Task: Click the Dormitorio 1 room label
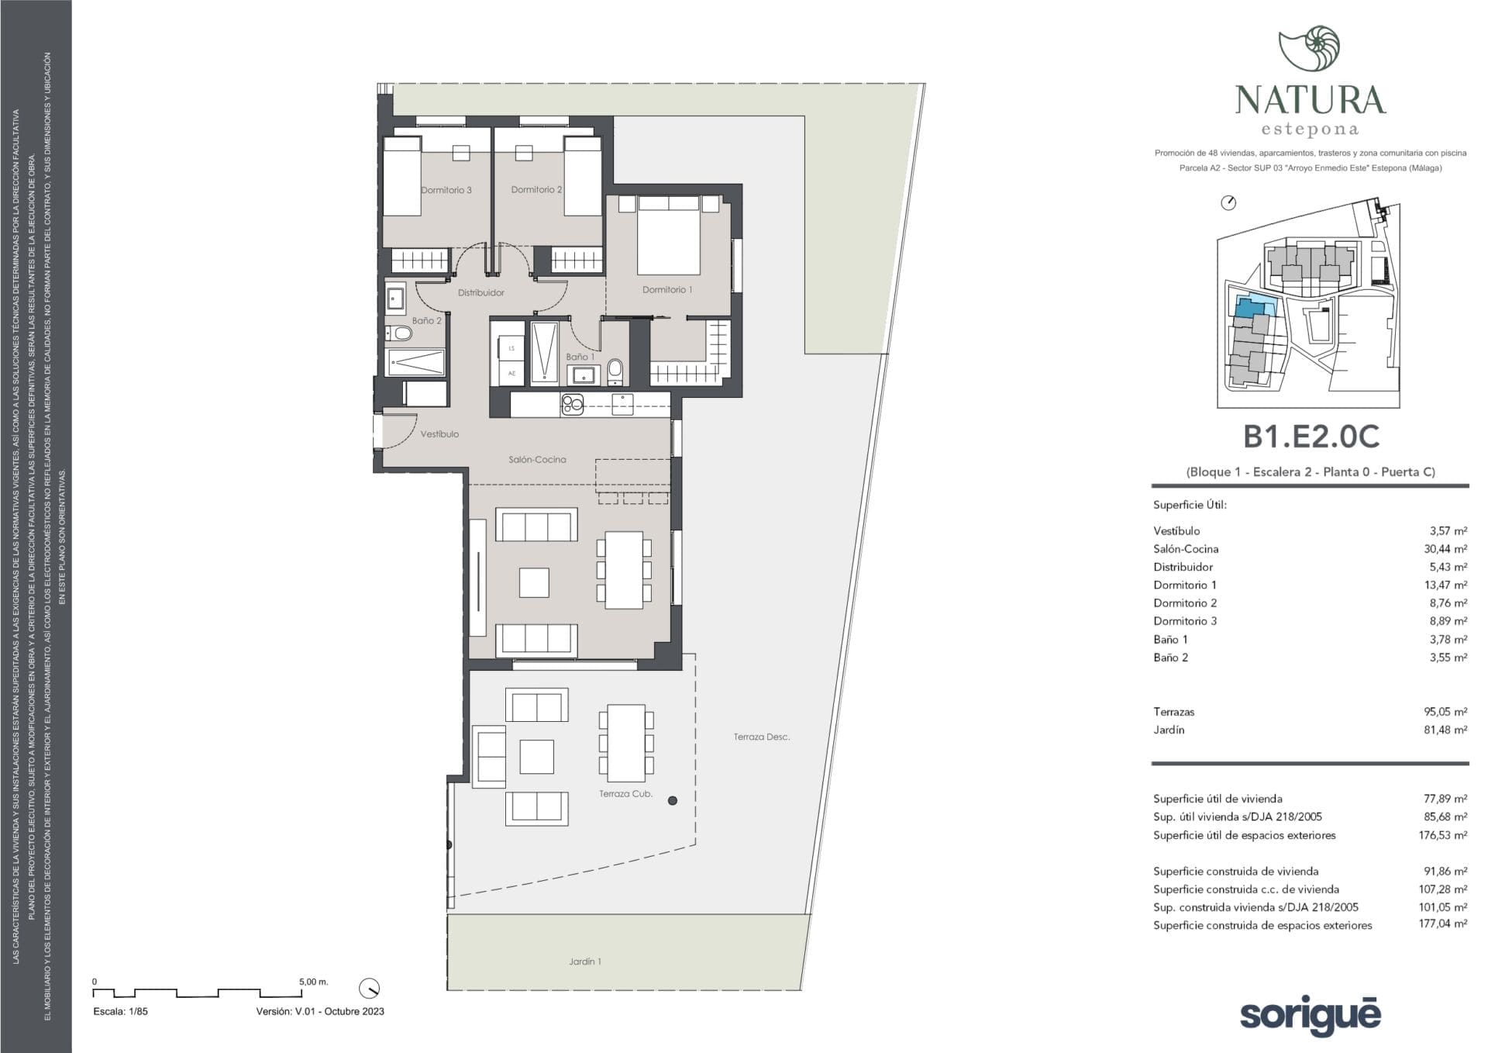[667, 290]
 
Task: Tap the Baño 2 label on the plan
[426, 320]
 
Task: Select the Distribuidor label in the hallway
[480, 292]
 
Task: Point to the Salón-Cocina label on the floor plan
[537, 459]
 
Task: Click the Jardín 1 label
[585, 962]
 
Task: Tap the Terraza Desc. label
[762, 737]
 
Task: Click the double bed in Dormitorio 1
[669, 234]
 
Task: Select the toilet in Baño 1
[615, 371]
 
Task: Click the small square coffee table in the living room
[534, 582]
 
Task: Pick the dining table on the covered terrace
[626, 743]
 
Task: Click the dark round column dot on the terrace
[673, 800]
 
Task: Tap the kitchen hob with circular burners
[573, 405]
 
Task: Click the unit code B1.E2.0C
[1311, 437]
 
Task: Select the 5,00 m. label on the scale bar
[314, 982]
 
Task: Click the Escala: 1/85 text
[120, 1011]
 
